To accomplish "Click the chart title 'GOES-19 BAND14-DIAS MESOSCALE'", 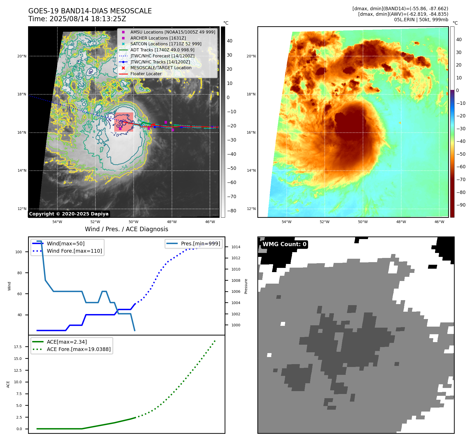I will coord(90,11).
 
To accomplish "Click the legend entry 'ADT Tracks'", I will coord(162,50).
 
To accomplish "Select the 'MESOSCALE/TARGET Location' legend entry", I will coord(161,68).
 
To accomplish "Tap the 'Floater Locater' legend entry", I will coord(146,74).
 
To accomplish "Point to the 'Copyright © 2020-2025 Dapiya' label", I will coord(69,214).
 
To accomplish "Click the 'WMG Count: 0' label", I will coord(284,244).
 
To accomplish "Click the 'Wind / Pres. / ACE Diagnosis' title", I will coord(126,229).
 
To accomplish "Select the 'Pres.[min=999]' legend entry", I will coord(200,244).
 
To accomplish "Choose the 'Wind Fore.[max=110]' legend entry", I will coord(74,251).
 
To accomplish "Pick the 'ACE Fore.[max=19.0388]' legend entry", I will coord(78,349).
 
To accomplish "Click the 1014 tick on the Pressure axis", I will coord(236,247).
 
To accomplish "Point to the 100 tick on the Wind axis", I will coord(19,252).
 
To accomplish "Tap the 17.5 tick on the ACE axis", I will coord(18,347).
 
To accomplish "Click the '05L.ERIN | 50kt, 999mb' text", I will coord(421,20).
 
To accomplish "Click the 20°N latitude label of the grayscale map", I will coord(22,56).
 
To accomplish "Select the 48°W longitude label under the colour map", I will coord(401,222).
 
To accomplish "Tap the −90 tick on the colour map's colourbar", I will coord(461,205).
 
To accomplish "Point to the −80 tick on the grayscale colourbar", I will coord(231,211).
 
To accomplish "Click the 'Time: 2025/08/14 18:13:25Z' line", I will coord(77,19).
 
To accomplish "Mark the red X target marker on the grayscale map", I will coord(154,125).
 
